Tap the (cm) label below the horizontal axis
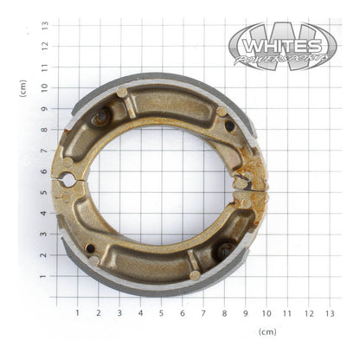[267, 331]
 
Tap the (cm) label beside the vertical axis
[23, 87]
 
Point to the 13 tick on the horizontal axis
[329, 312]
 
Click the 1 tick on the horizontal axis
[77, 312]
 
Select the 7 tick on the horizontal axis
[203, 312]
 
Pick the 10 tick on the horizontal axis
[266, 312]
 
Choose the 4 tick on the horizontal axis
[140, 312]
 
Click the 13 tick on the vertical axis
[44, 25]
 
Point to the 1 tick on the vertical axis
[44, 277]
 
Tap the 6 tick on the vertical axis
[44, 171]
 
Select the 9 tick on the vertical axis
[44, 109]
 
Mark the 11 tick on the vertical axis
[44, 67]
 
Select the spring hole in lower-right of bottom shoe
[224, 252]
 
